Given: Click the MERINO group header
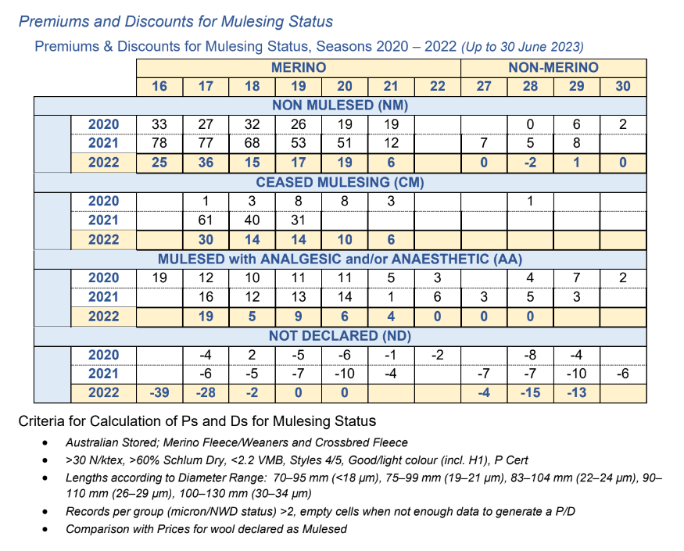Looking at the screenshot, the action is pyautogui.click(x=299, y=68).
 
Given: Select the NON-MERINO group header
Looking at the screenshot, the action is pyautogui.click(x=553, y=68).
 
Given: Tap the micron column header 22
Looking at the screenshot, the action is pyautogui.click(x=437, y=87).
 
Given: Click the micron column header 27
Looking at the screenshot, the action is pyautogui.click(x=484, y=87).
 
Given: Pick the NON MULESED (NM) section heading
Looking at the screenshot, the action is pyautogui.click(x=340, y=106).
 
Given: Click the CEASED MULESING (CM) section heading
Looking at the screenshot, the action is pyautogui.click(x=340, y=182).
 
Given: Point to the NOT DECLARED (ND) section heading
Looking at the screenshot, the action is pyautogui.click(x=340, y=336).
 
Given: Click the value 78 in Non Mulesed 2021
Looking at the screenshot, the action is pyautogui.click(x=159, y=143).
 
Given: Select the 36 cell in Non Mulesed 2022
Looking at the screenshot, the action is pyautogui.click(x=206, y=163).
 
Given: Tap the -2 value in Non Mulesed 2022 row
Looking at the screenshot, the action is pyautogui.click(x=530, y=163).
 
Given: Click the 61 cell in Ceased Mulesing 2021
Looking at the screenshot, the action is pyautogui.click(x=206, y=220).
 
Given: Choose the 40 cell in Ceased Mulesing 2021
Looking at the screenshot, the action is pyautogui.click(x=252, y=220).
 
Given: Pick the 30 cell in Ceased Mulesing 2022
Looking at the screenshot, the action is pyautogui.click(x=206, y=239).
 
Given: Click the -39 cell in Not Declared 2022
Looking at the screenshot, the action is pyautogui.click(x=159, y=392).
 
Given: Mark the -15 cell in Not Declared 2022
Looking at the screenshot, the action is pyautogui.click(x=530, y=392).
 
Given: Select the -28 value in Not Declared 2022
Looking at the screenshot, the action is pyautogui.click(x=206, y=392).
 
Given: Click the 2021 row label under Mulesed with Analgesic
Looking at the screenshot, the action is pyautogui.click(x=103, y=297).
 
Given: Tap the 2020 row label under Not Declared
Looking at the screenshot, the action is pyautogui.click(x=103, y=355).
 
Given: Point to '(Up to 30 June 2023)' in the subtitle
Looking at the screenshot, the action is pyautogui.click(x=522, y=47).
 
